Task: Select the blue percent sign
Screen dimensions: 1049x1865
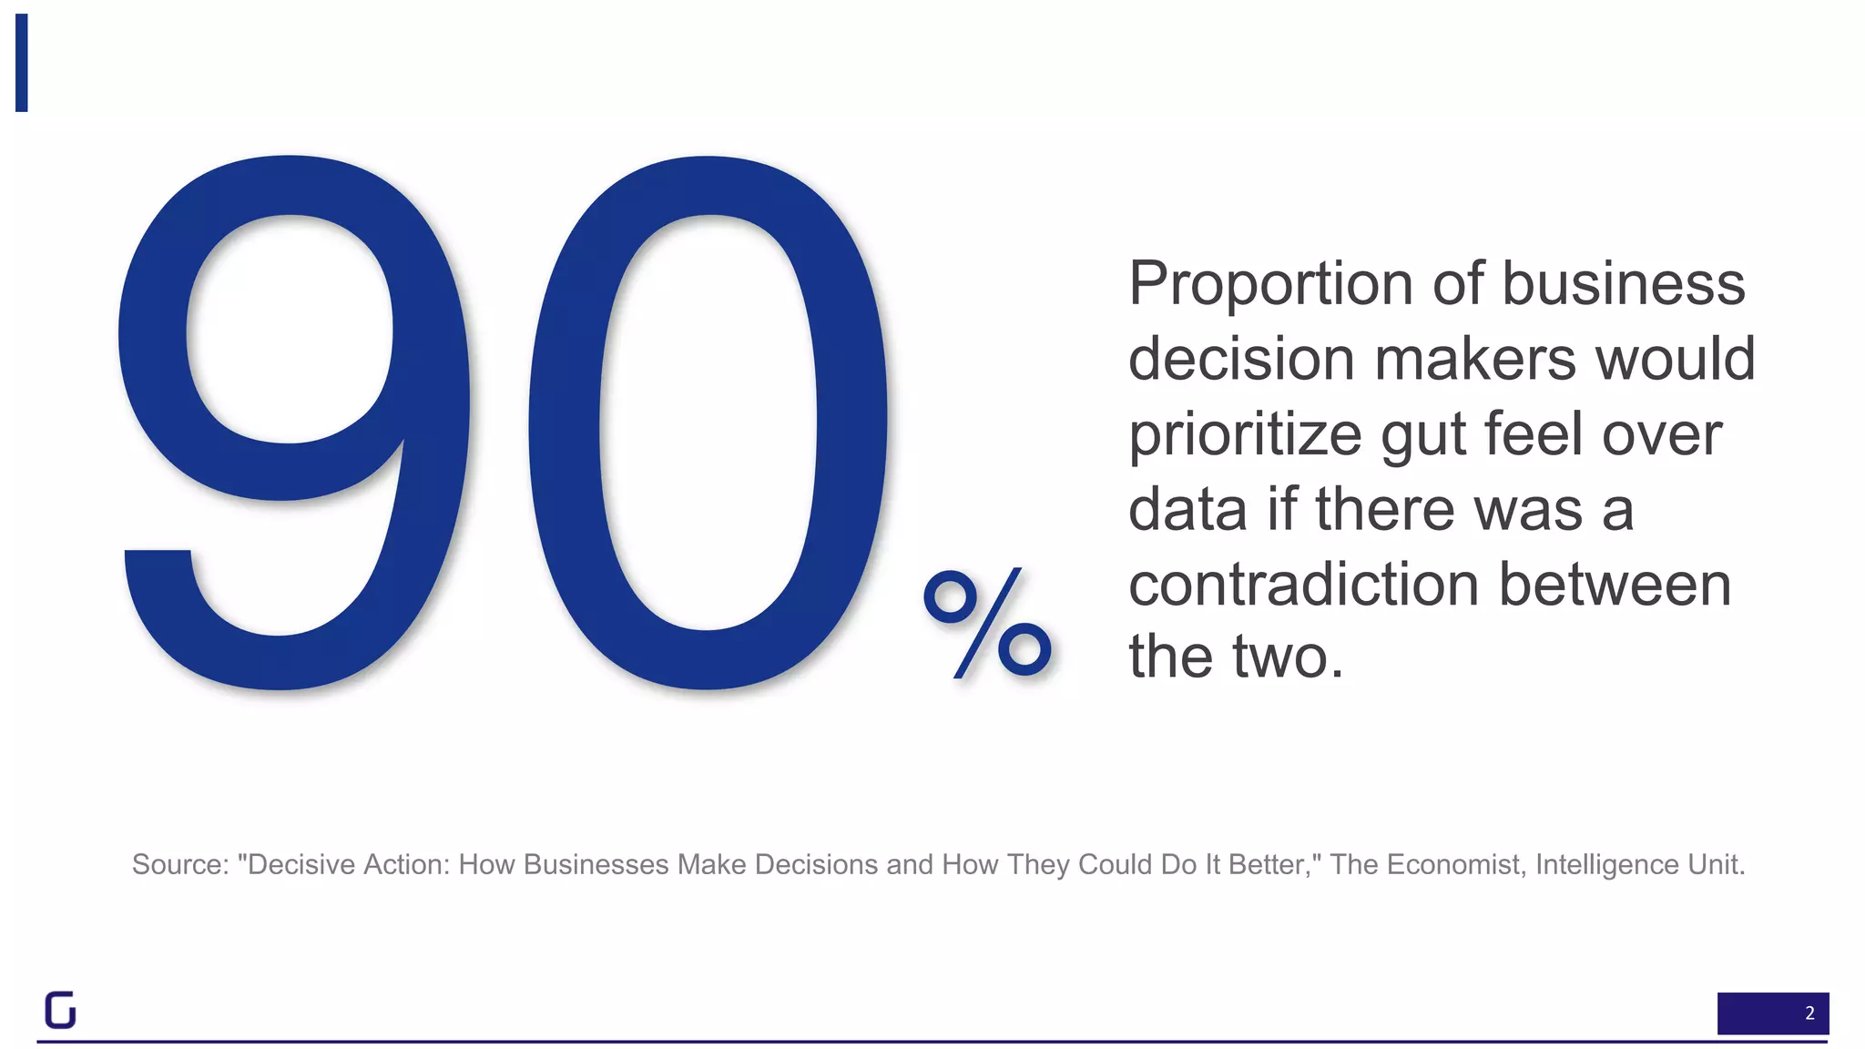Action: pos(987,623)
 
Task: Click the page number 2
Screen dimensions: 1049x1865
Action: pos(1809,1013)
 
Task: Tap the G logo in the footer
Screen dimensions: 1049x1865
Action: pos(60,1010)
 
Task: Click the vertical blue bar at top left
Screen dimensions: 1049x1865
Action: pos(22,63)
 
